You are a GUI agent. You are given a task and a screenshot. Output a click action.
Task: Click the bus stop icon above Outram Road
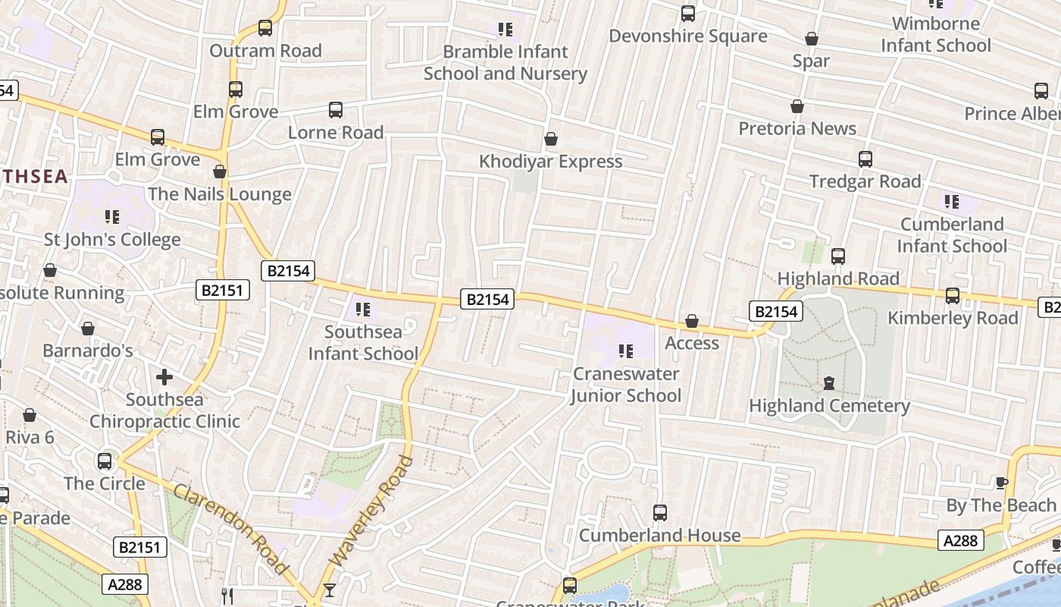264,28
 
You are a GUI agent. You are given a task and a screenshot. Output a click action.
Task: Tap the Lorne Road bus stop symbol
335,110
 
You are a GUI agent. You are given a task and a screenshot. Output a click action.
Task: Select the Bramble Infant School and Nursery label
505,63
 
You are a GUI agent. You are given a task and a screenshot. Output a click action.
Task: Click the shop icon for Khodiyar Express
551,140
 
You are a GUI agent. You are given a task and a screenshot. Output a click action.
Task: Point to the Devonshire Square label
687,36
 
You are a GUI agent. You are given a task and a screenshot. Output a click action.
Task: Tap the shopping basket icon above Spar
811,39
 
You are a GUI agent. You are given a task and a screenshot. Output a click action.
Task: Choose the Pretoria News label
797,128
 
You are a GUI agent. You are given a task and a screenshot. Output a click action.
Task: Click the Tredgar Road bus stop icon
865,159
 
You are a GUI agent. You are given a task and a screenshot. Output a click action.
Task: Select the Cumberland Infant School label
952,235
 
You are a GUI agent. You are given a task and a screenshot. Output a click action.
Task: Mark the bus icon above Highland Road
837,256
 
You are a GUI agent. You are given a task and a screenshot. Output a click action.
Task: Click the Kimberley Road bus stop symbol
952,296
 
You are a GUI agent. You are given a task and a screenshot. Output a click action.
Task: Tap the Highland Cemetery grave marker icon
828,384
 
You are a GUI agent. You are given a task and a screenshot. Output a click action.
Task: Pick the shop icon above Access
691,322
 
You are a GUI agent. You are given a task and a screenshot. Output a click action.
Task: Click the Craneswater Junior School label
626,385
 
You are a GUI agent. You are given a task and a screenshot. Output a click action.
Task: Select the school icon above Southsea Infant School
363,310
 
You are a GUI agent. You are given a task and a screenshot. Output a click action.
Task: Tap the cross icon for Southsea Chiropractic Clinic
164,377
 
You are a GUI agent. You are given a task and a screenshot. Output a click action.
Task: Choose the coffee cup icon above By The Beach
1001,483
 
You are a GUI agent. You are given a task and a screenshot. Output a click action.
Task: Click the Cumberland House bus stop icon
659,513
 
